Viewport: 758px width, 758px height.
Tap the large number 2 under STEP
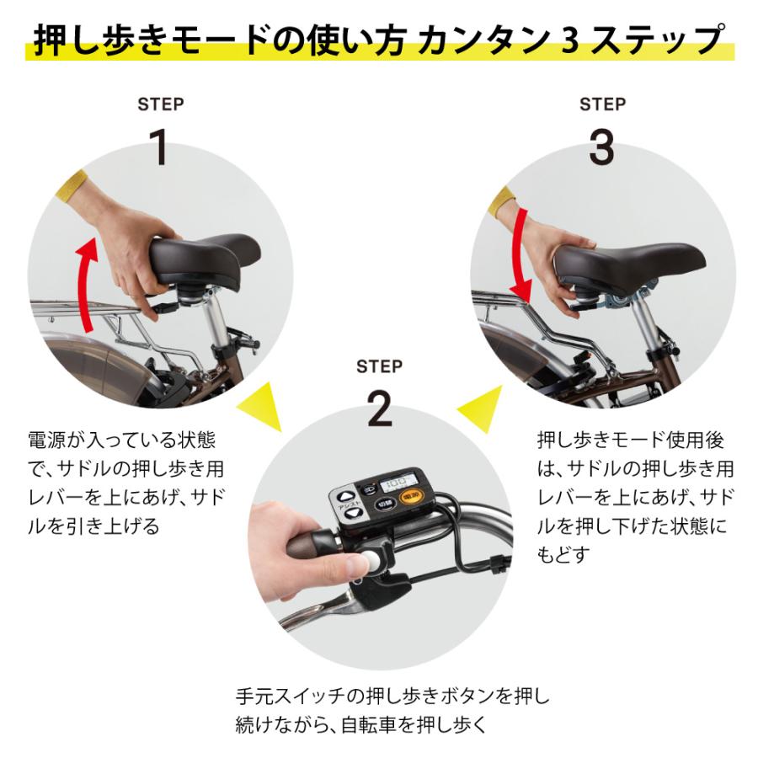[379, 408]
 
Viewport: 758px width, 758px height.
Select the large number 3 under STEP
[601, 147]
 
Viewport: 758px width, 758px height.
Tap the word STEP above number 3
[601, 104]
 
